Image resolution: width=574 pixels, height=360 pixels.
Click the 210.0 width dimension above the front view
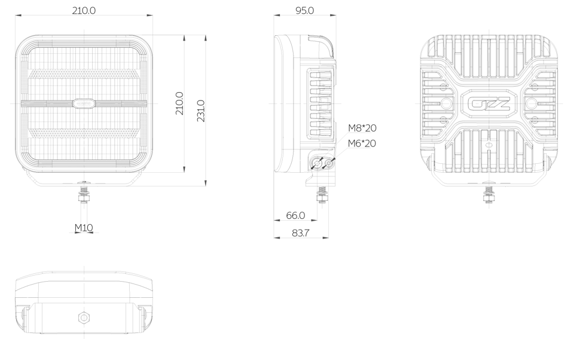(84, 10)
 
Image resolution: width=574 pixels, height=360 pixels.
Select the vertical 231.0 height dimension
(201, 111)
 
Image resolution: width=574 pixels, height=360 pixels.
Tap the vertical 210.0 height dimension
(179, 103)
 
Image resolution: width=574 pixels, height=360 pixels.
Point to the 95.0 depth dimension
(304, 10)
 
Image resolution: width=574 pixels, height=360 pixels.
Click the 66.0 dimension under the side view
(295, 215)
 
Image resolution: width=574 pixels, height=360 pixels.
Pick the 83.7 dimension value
(301, 233)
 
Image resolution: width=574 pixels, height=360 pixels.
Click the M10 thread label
(84, 228)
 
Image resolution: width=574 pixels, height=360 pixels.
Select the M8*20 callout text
(362, 128)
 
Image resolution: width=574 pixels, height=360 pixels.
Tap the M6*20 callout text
(362, 143)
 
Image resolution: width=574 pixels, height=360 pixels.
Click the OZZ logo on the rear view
(488, 104)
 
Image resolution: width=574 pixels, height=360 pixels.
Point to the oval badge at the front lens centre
(84, 103)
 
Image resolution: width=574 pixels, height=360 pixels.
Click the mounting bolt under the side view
(322, 195)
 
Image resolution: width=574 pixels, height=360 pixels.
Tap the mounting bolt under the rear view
(488, 193)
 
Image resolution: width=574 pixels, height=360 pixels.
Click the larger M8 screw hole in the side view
(317, 163)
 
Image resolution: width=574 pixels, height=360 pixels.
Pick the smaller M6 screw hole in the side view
(329, 163)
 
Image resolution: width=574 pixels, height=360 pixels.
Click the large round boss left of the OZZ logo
(445, 103)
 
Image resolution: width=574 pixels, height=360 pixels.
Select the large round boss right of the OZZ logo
(532, 103)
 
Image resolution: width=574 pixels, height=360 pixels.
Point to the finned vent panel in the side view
(320, 104)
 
